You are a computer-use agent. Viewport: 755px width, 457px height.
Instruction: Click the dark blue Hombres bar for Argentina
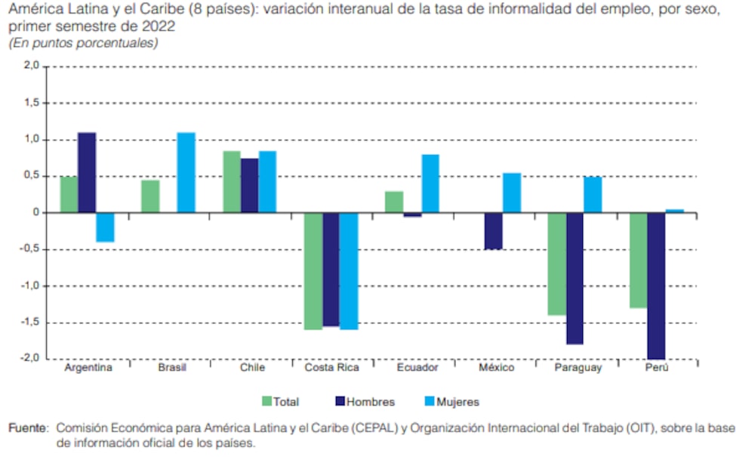[x=87, y=173]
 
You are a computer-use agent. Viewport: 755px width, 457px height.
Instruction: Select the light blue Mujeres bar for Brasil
[x=186, y=173]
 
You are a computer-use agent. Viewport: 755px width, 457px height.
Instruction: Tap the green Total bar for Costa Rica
[x=313, y=271]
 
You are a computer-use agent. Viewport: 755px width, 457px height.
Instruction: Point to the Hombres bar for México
[x=493, y=231]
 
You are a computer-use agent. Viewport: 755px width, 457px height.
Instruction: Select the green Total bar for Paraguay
[x=557, y=264]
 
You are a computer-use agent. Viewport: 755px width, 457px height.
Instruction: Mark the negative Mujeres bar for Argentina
[x=105, y=227]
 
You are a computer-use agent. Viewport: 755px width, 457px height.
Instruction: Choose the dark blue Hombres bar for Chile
[x=249, y=186]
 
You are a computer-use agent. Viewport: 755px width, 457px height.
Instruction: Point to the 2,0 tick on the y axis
[x=31, y=66]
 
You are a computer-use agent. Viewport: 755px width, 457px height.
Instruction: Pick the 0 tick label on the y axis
[x=35, y=213]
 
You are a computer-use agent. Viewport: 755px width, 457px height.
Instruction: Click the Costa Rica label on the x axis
[x=331, y=368]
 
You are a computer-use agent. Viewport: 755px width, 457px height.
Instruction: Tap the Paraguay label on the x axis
[x=578, y=368]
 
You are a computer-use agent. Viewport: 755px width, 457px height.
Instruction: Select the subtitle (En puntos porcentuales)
[x=83, y=43]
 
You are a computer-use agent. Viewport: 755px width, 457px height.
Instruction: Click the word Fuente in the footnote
[x=28, y=428]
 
